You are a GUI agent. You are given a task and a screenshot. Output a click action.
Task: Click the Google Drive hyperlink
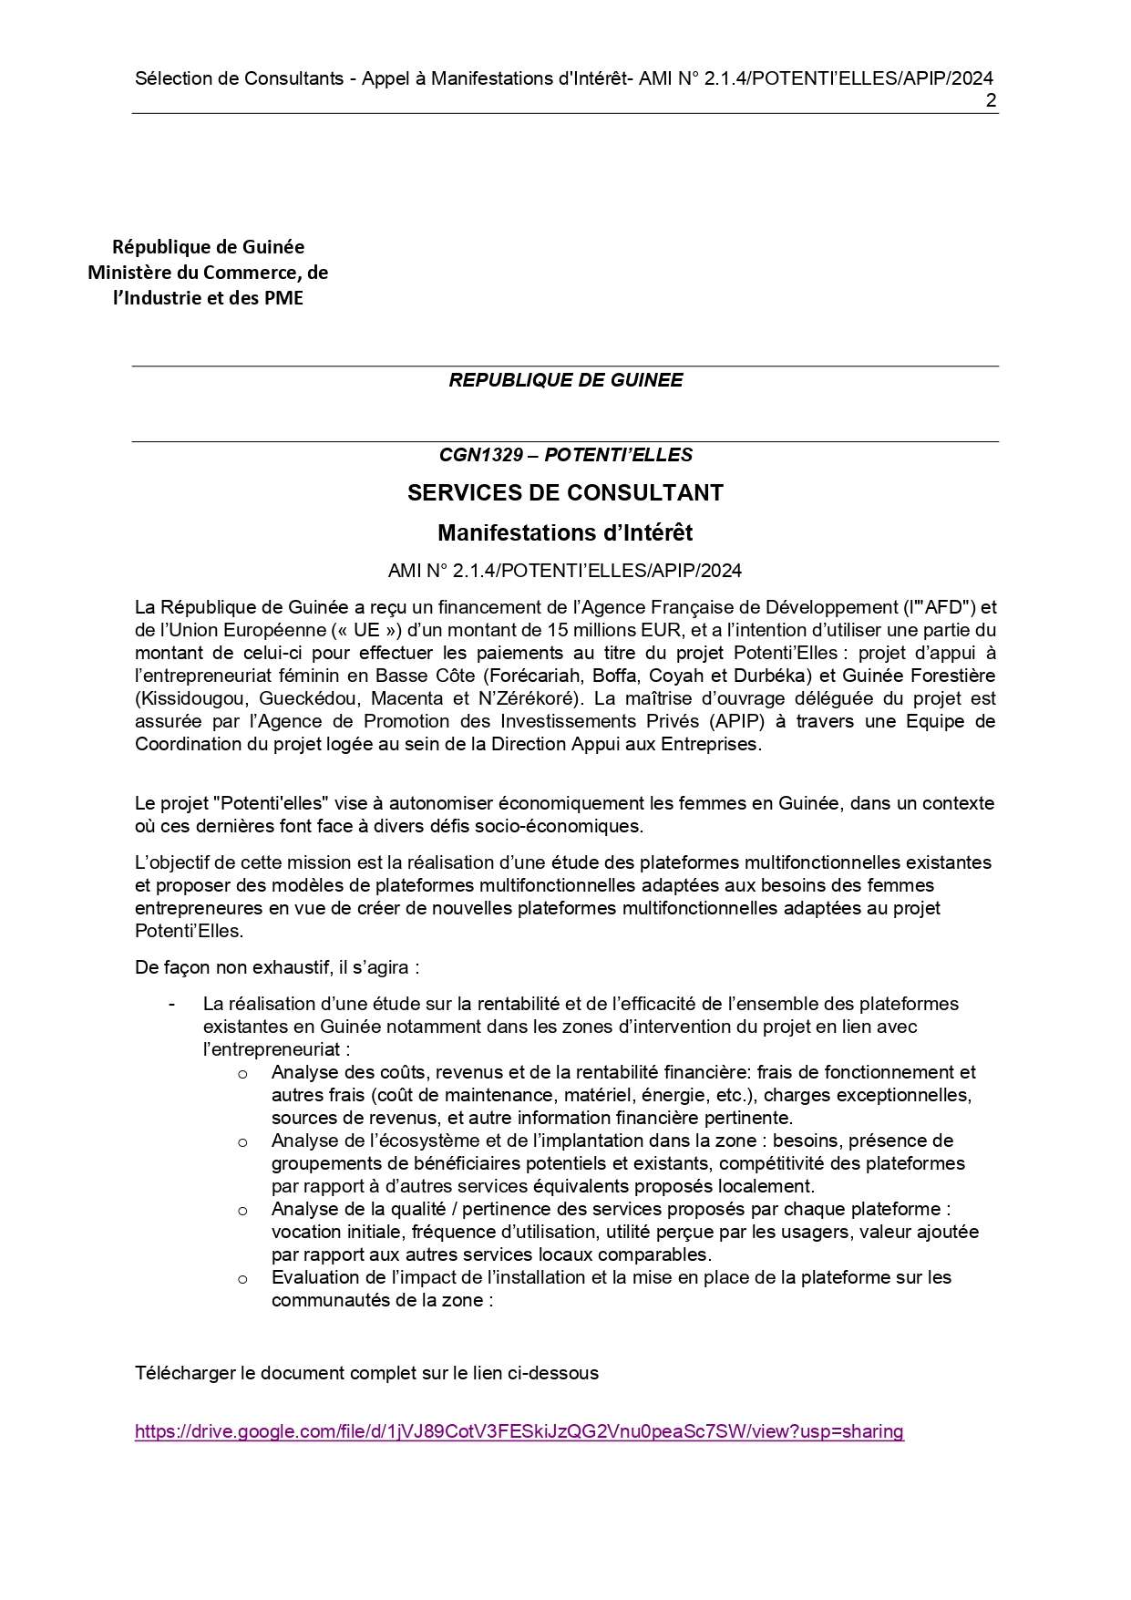click(519, 1430)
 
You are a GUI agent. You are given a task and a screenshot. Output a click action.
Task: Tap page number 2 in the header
click(991, 100)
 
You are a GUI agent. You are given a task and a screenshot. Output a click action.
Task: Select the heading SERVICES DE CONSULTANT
click(565, 492)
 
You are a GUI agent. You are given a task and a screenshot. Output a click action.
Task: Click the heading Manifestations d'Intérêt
click(565, 532)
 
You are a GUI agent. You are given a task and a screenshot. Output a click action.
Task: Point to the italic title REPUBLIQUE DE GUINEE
click(565, 380)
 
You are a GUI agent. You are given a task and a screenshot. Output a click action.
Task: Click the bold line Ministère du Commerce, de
click(208, 272)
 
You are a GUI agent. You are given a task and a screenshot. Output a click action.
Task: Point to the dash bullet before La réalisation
click(171, 1004)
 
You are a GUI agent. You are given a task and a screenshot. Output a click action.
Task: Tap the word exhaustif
click(276, 966)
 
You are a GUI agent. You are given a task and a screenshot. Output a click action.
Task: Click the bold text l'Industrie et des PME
click(208, 297)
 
